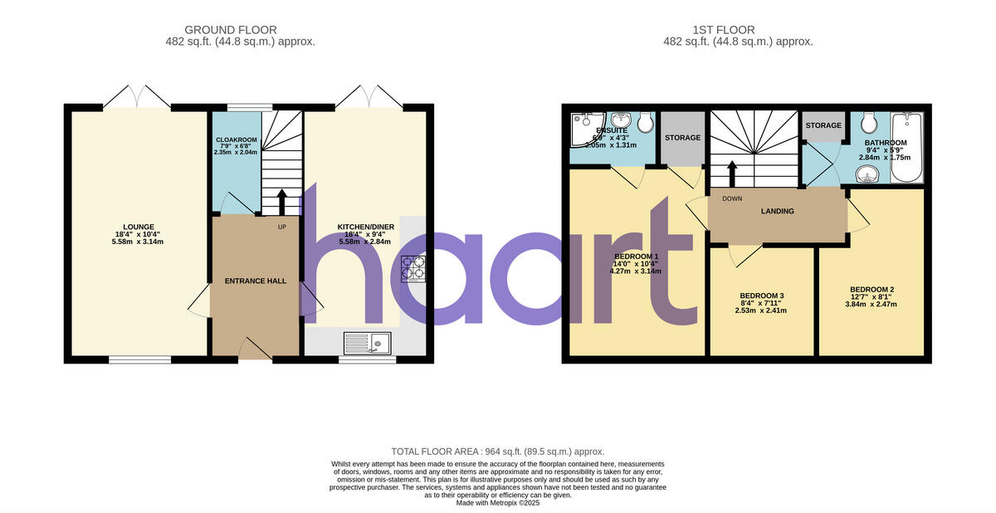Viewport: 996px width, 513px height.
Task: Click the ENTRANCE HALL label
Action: pyautogui.click(x=255, y=281)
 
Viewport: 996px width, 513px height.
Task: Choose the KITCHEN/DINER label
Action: pyautogui.click(x=365, y=227)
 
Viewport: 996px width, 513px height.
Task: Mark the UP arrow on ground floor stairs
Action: pyautogui.click(x=281, y=202)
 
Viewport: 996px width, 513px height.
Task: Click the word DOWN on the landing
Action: pyautogui.click(x=732, y=198)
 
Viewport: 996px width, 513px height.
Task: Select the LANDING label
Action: pyautogui.click(x=777, y=212)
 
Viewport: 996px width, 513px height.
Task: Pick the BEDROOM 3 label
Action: pyautogui.click(x=761, y=296)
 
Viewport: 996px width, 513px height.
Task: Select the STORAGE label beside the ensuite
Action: pyautogui.click(x=683, y=138)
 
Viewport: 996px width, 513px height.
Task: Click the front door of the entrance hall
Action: pyautogui.click(x=255, y=349)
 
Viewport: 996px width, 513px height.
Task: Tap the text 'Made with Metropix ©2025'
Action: pyautogui.click(x=498, y=503)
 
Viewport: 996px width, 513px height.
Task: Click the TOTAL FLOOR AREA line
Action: pyautogui.click(x=498, y=451)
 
